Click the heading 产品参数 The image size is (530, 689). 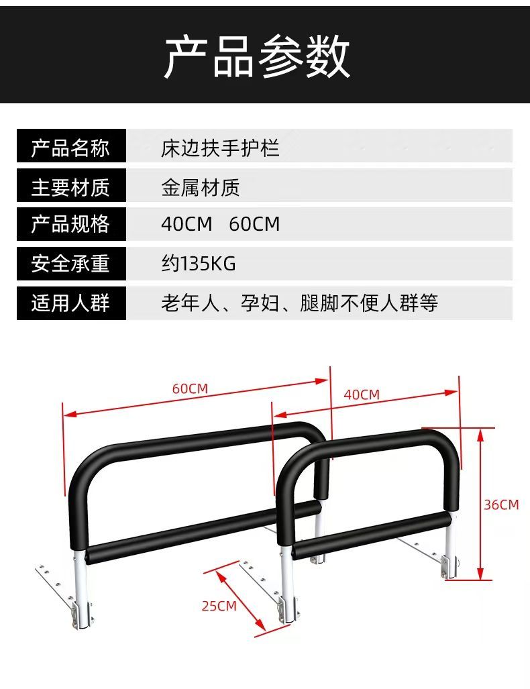[x=258, y=57]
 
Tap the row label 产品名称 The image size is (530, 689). [x=70, y=148]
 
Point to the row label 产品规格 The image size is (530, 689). [x=70, y=224]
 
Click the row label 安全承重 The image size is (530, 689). [x=70, y=263]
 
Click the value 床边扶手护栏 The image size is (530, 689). [x=219, y=148]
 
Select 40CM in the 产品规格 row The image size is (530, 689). [x=187, y=224]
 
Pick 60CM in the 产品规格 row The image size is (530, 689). [x=254, y=224]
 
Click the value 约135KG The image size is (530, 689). [x=198, y=263]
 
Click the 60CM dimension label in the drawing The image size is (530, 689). [x=190, y=388]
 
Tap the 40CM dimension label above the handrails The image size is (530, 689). [x=362, y=394]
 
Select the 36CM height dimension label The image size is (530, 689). [x=501, y=505]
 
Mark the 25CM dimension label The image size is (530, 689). [x=219, y=606]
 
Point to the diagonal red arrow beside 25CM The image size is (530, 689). [x=240, y=599]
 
